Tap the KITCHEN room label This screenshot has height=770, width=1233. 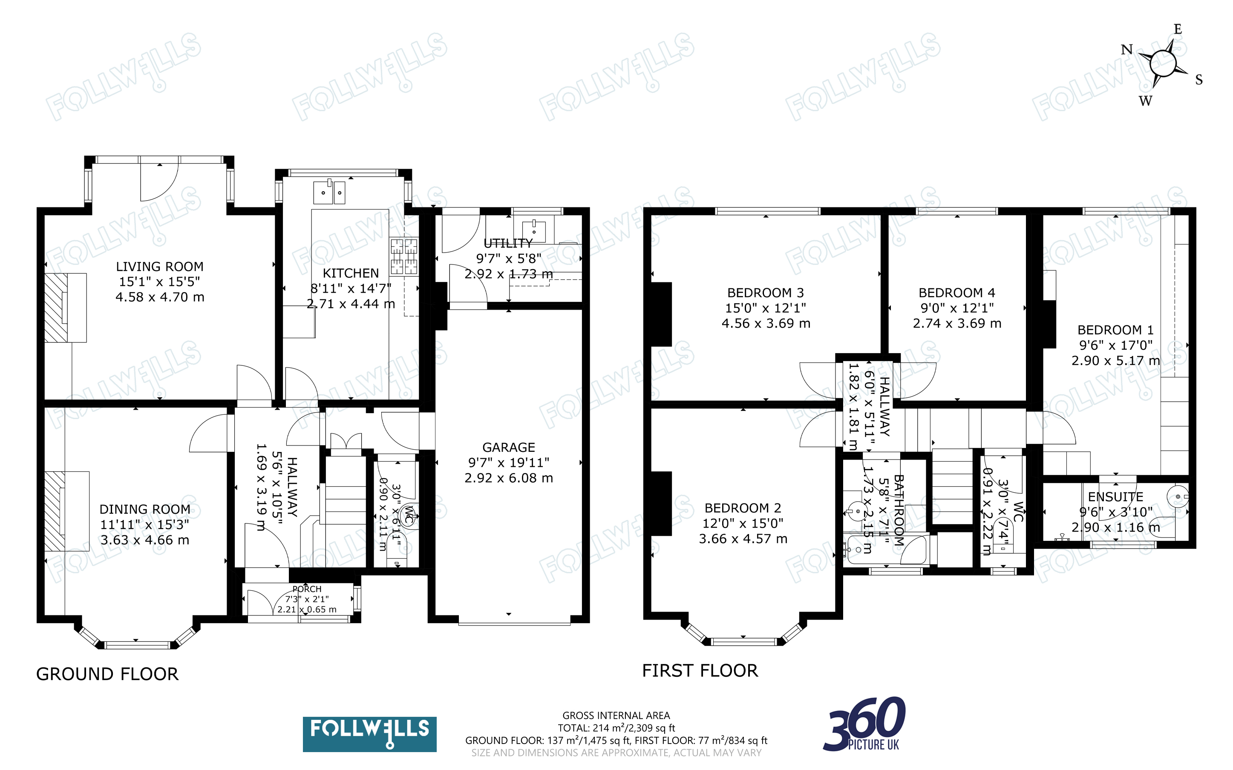coord(351,273)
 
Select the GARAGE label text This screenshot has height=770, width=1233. coord(508,447)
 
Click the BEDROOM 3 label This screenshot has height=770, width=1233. coord(766,293)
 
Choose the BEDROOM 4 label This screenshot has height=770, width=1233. coord(956,293)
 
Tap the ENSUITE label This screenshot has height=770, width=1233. coord(1115,497)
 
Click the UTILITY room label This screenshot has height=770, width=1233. coord(508,244)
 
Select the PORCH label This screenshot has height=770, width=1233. coord(307,589)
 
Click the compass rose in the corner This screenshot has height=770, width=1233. coord(1163,63)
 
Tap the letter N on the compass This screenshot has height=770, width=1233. coord(1127,49)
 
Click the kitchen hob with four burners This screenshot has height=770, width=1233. coord(404,257)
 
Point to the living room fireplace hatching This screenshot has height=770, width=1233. coord(55,307)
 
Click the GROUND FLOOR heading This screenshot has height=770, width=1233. coord(107,674)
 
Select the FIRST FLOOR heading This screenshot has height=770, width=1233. coord(700,671)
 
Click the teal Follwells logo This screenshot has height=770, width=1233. coord(369,734)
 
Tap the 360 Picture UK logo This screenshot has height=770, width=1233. coord(864,724)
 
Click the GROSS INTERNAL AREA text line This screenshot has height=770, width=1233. coord(616,715)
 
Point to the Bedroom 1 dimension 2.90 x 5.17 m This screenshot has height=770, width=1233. coord(1115,361)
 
